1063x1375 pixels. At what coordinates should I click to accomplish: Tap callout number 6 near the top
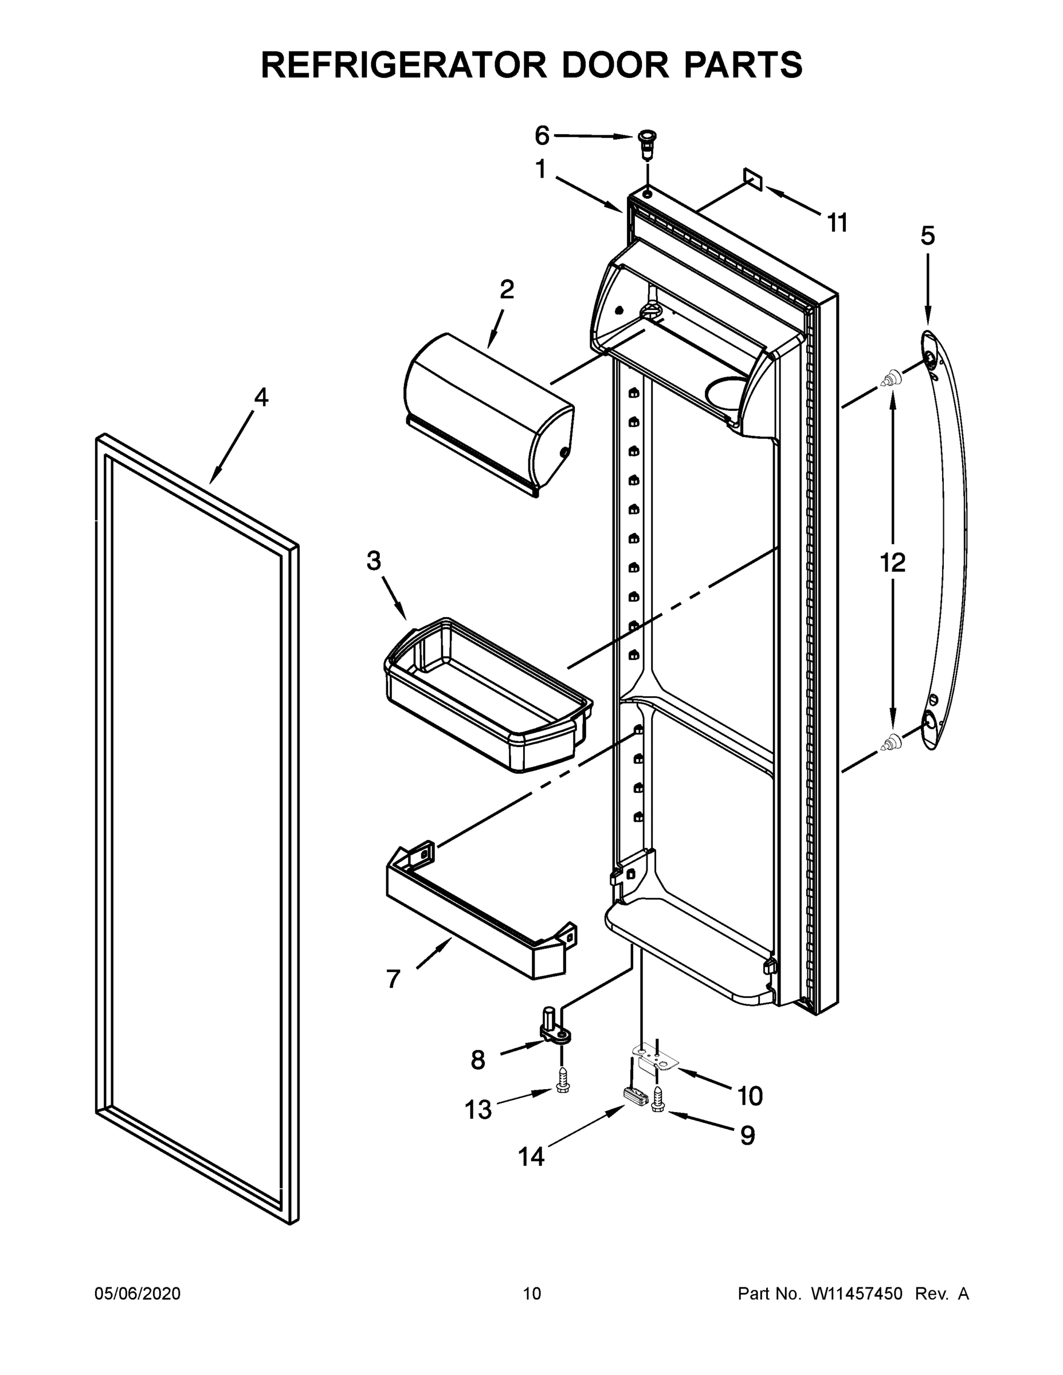pyautogui.click(x=542, y=135)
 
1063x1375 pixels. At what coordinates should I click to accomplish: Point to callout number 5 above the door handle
pyautogui.click(x=928, y=236)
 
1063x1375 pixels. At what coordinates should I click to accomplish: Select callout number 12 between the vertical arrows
pyautogui.click(x=892, y=562)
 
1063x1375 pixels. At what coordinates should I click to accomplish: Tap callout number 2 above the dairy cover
pyautogui.click(x=507, y=289)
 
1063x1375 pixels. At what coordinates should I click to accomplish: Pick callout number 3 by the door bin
pyautogui.click(x=374, y=560)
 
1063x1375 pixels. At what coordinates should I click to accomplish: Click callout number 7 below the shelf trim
pyautogui.click(x=394, y=979)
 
